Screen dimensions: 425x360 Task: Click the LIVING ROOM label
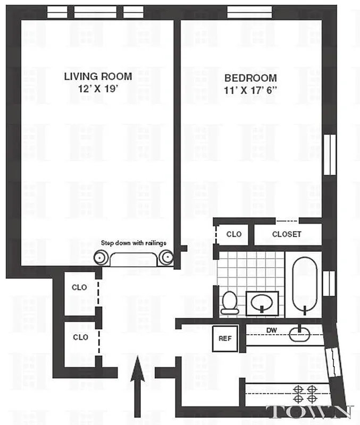[98, 76]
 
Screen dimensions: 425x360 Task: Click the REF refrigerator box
[223, 337]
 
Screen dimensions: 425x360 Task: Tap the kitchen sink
[300, 334]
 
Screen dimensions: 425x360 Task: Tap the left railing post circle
[102, 258]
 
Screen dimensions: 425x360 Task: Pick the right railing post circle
[166, 258]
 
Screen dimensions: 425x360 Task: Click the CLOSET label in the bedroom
[287, 234]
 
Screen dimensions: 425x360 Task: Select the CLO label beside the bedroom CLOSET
[234, 234]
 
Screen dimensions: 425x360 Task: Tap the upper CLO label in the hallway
[80, 287]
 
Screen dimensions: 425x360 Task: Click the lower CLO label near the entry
[80, 337]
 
